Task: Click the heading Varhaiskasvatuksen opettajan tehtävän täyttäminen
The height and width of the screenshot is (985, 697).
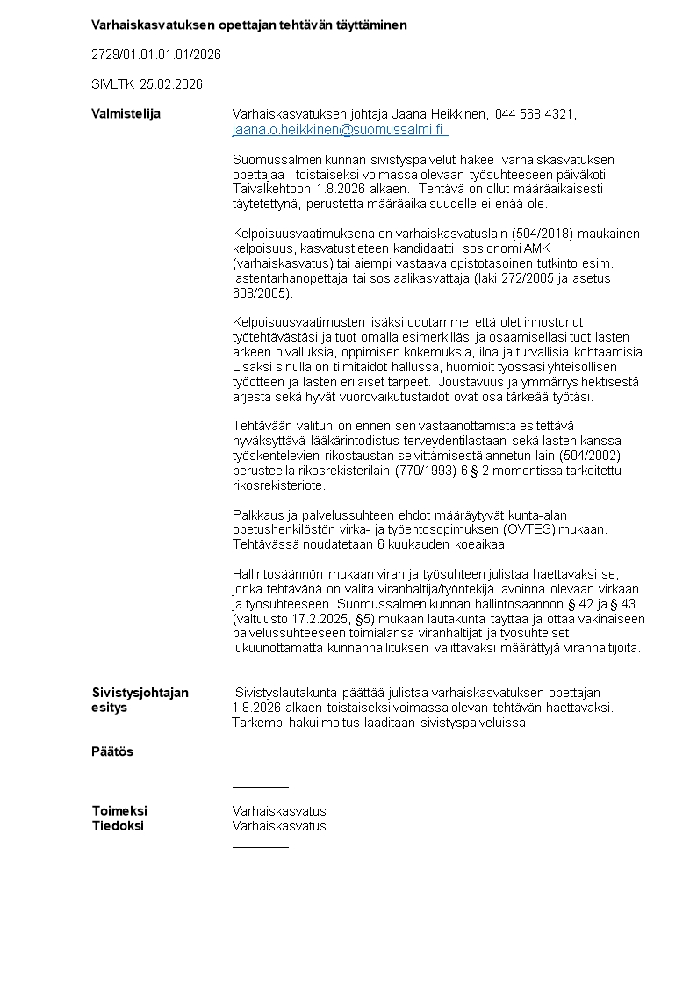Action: click(249, 25)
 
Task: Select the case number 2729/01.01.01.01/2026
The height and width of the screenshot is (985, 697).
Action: click(156, 54)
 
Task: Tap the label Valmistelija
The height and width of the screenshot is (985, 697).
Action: click(126, 113)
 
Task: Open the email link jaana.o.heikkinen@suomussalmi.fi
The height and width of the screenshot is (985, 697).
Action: click(340, 130)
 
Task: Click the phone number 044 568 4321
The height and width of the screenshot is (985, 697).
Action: click(535, 114)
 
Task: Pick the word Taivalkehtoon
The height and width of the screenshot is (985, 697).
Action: click(272, 189)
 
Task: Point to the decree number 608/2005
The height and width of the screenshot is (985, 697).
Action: click(261, 293)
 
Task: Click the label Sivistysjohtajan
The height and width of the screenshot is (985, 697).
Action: click(140, 693)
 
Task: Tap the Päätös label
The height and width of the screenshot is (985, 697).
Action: click(112, 751)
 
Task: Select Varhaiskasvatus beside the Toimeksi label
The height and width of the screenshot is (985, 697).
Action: click(279, 811)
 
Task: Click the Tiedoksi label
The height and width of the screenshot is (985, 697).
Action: click(118, 826)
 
